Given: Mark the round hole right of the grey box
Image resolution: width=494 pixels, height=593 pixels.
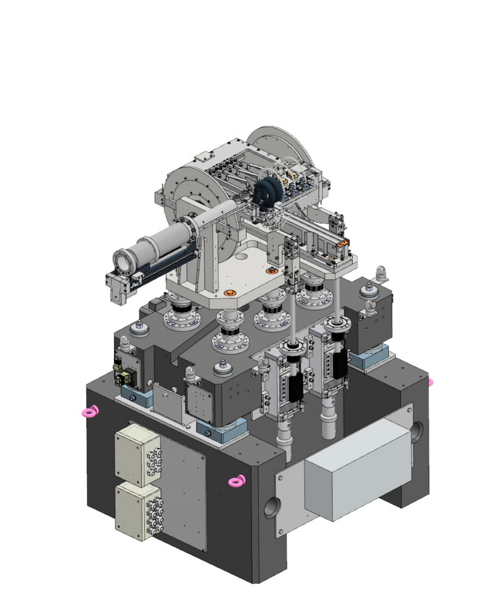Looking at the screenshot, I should click(417, 432).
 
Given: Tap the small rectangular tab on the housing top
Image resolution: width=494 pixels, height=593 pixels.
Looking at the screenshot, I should click(204, 157).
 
